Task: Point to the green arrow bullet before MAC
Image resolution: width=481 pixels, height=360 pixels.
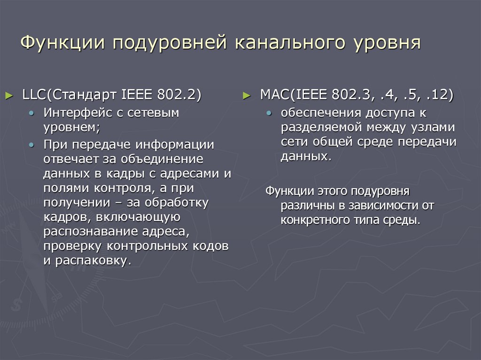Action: pyautogui.click(x=246, y=96)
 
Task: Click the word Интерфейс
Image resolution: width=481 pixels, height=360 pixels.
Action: pyautogui.click(x=79, y=113)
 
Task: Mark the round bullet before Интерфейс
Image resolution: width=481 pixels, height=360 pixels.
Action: pyautogui.click(x=31, y=114)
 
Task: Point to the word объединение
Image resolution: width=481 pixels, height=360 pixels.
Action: pyautogui.click(x=160, y=159)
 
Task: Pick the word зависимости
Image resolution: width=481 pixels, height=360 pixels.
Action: pyautogui.click(x=381, y=205)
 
